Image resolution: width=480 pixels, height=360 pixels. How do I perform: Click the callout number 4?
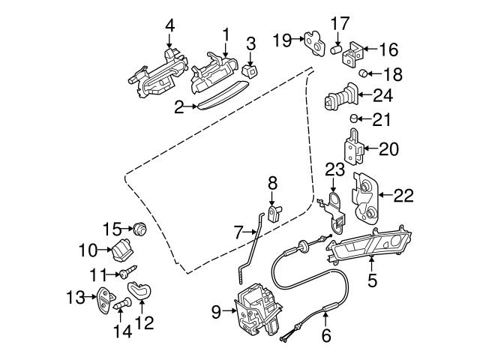pyautogui.click(x=169, y=25)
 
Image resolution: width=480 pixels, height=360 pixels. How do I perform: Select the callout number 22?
pyautogui.click(x=403, y=196)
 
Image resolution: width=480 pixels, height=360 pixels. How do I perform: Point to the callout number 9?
pyautogui.click(x=217, y=310)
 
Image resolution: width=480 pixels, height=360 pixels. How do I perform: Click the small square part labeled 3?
pyautogui.click(x=250, y=68)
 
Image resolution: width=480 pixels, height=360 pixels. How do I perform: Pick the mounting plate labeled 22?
pyautogui.click(x=367, y=199)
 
